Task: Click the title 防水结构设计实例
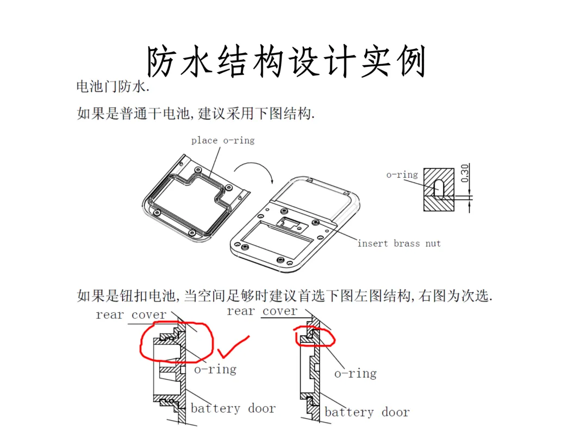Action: tap(286, 62)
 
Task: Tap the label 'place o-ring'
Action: tap(223, 140)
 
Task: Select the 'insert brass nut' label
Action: tap(399, 243)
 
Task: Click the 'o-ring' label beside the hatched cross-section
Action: tap(402, 174)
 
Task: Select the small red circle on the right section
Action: tap(315, 336)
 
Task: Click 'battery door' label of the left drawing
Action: tap(233, 408)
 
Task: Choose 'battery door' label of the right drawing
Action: tap(367, 412)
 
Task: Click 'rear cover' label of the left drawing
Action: tap(131, 315)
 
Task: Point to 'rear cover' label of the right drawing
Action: tap(263, 311)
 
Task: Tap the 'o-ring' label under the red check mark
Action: tap(215, 369)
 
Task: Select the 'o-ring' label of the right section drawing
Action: tap(355, 374)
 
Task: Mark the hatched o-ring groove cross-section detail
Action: tap(439, 190)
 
